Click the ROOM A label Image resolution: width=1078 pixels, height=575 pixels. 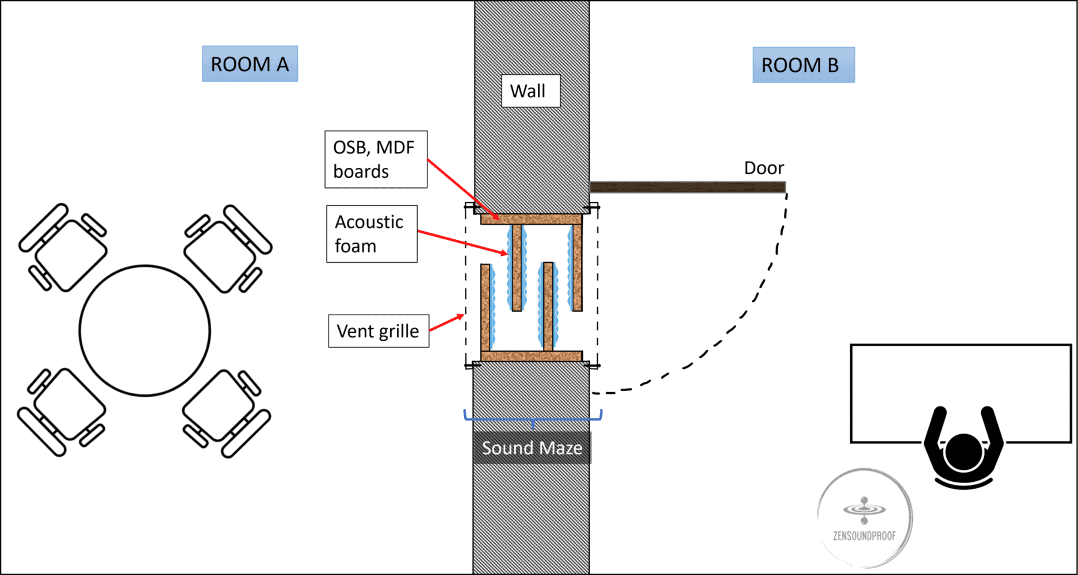[250, 64]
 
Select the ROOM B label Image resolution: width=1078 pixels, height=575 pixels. [804, 65]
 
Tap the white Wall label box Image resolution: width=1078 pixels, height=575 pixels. [530, 91]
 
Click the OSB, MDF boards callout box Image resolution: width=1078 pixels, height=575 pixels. [376, 159]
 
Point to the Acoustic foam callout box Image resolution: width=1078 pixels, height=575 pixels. [372, 234]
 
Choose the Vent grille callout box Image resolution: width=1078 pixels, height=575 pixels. [378, 331]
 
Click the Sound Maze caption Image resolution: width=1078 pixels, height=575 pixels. [532, 448]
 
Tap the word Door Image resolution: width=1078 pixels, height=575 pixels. [763, 168]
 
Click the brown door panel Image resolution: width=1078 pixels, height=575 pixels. [687, 187]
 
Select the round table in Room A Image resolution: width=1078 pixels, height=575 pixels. [145, 331]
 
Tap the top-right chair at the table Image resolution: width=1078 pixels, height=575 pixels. [227, 248]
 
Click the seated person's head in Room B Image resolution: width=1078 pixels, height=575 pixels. [964, 452]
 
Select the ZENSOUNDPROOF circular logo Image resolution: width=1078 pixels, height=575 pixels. [864, 517]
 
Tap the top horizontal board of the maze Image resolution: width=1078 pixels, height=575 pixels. [531, 219]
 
